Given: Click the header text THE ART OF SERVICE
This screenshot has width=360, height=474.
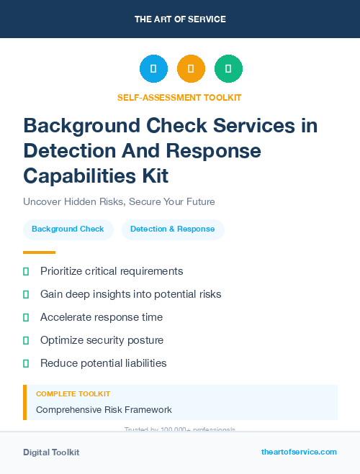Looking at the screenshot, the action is click(x=180, y=19).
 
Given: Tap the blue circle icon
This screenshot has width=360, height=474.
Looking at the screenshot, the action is click(x=153, y=69).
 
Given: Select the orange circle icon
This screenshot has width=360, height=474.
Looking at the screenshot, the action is click(x=191, y=69).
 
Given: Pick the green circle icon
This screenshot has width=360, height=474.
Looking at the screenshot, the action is click(x=228, y=69).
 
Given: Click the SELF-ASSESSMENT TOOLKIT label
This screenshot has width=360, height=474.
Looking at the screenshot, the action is click(x=179, y=97).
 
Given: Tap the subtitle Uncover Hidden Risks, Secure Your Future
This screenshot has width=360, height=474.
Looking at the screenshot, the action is click(x=119, y=201).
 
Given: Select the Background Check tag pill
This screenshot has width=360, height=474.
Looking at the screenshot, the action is click(x=68, y=229).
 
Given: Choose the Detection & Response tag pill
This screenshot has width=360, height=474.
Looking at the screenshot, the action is click(x=173, y=229).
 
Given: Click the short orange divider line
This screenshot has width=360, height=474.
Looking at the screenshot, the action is click(x=39, y=252).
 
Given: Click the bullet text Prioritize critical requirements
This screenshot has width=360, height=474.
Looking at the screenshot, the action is click(x=112, y=271).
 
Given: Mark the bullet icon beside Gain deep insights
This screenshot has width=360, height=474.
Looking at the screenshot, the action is click(x=26, y=294).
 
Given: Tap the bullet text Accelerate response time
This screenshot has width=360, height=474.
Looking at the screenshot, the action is click(x=102, y=317).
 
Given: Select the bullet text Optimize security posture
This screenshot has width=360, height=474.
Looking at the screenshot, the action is click(x=102, y=340).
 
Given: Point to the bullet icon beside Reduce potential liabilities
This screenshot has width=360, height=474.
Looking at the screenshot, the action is click(x=26, y=363).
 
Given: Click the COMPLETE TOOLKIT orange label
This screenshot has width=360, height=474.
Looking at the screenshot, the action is click(x=73, y=394).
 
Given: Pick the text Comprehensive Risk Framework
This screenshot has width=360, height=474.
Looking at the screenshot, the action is click(x=104, y=410).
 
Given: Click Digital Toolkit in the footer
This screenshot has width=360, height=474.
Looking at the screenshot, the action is click(x=51, y=452).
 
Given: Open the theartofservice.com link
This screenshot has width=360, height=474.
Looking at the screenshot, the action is click(x=299, y=452).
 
